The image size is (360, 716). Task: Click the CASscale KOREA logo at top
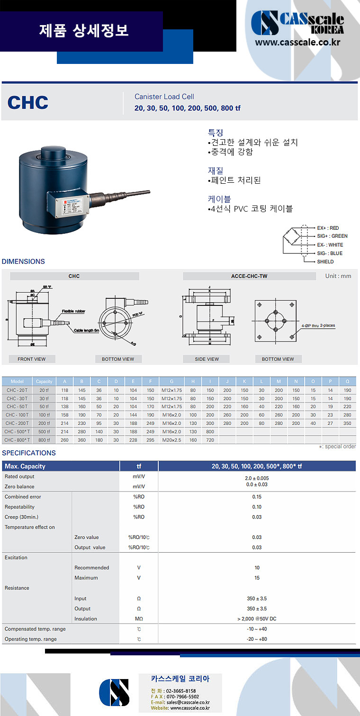[297, 23]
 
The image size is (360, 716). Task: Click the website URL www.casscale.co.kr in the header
[298, 43]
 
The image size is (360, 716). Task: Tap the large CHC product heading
[28, 102]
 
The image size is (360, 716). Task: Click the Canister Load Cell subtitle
[164, 97]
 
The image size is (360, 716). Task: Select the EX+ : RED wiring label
[328, 228]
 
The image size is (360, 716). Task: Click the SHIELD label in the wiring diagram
[325, 261]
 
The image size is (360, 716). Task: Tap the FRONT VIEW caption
[32, 359]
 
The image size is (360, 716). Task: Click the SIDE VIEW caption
[207, 359]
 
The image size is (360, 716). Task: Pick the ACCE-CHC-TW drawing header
[249, 276]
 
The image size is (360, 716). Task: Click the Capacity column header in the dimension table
[44, 381]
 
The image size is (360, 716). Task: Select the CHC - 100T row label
[17, 415]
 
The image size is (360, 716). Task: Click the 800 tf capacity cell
[44, 440]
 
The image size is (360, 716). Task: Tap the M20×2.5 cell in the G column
[171, 440]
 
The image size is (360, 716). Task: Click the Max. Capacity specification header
[25, 466]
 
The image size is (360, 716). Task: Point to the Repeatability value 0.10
[257, 507]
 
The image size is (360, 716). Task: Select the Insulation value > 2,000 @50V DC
[257, 618]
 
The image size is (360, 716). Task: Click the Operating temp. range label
[30, 639]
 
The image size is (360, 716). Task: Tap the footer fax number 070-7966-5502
[182, 697]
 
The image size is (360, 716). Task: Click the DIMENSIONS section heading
[23, 261]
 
